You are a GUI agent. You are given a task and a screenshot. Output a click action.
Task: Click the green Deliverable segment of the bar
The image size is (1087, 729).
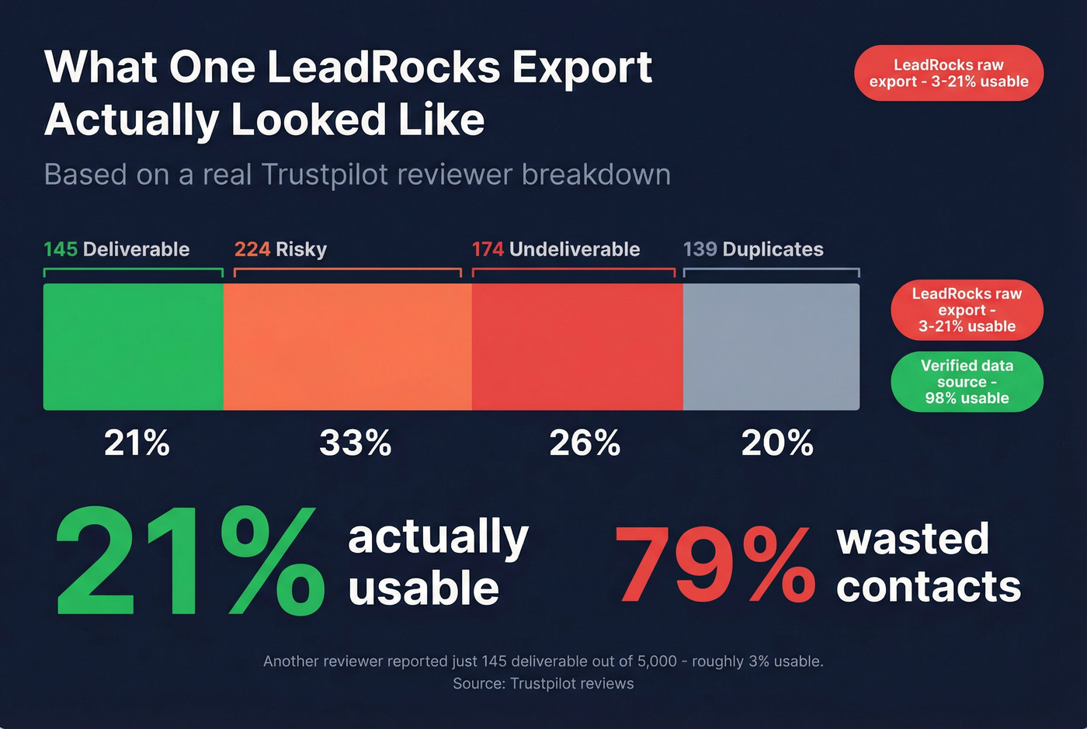pyautogui.click(x=134, y=346)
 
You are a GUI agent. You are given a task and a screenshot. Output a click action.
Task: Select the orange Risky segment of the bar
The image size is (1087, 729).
pyautogui.click(x=347, y=346)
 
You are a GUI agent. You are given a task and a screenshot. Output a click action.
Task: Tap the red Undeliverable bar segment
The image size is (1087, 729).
pyautogui.click(x=577, y=346)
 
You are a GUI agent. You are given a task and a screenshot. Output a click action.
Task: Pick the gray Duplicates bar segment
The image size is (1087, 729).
pyautogui.click(x=771, y=346)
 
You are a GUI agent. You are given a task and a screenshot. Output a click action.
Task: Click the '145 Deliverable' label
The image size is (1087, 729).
pyautogui.click(x=116, y=249)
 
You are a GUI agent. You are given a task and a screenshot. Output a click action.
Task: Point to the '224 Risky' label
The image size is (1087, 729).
pyautogui.click(x=280, y=249)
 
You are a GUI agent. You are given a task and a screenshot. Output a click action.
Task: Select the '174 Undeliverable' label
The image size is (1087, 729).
pyautogui.click(x=556, y=249)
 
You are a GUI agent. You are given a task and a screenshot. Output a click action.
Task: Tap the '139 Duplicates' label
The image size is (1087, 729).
pyautogui.click(x=753, y=249)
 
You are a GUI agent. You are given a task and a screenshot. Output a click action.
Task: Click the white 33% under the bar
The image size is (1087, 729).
pyautogui.click(x=355, y=443)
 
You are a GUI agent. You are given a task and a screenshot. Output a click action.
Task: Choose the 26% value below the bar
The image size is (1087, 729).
pyautogui.click(x=585, y=443)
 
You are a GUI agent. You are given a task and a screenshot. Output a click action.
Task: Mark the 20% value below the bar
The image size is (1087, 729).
pyautogui.click(x=777, y=443)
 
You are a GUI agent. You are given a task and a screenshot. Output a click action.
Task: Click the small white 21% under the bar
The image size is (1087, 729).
pyautogui.click(x=137, y=443)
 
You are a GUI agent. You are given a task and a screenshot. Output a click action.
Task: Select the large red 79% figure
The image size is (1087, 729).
pyautogui.click(x=714, y=564)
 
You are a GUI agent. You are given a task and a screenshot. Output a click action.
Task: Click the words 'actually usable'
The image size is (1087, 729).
pyautogui.click(x=438, y=562)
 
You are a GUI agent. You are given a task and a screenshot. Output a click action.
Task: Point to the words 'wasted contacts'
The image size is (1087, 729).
pyautogui.click(x=928, y=562)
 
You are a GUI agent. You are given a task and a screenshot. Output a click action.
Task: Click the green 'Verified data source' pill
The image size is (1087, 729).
pyautogui.click(x=967, y=382)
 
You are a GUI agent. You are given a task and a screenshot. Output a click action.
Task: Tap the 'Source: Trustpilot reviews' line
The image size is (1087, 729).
pyautogui.click(x=543, y=684)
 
